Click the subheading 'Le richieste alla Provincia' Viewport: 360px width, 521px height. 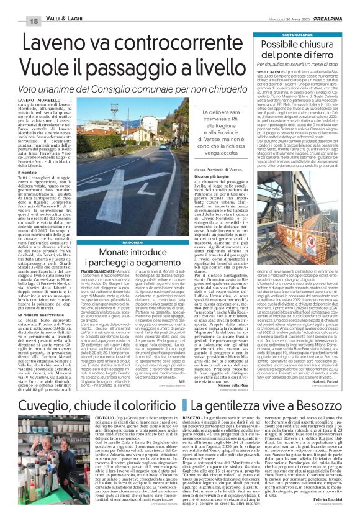(x=46, y=333)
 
